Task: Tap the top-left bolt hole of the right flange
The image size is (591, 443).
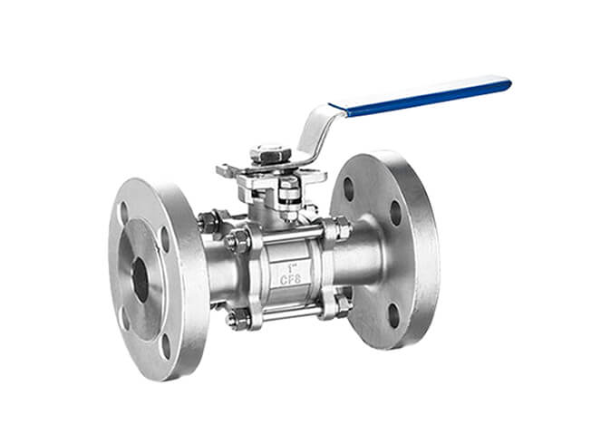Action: tap(349, 188)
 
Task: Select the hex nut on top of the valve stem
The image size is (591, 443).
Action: tap(269, 155)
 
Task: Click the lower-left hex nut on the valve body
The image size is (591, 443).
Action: tap(238, 318)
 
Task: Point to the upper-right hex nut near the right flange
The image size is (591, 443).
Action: tap(342, 228)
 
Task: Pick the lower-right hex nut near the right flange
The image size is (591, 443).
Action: tap(344, 303)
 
